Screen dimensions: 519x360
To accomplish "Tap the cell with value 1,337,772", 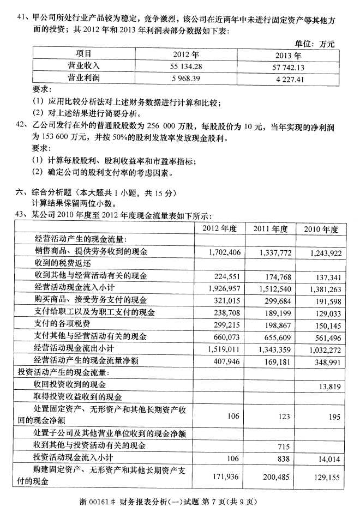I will click(271, 252).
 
